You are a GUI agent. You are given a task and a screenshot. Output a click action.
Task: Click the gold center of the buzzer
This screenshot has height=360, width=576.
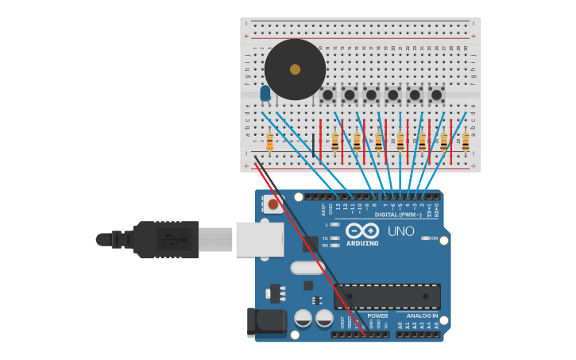coord(295,69)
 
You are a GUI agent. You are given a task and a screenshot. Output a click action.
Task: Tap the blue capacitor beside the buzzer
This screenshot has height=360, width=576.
coord(265,94)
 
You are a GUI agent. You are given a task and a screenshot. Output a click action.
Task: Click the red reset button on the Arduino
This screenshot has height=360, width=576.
coord(273,205)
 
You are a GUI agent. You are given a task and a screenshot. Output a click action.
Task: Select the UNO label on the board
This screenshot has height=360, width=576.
coord(400,231)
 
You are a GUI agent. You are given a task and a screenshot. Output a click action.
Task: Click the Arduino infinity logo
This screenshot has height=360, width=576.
coord(361,230)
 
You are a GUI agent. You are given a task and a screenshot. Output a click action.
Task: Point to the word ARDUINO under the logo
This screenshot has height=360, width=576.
coord(362,243)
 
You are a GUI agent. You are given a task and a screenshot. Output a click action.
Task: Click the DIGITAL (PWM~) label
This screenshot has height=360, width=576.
coord(398,215)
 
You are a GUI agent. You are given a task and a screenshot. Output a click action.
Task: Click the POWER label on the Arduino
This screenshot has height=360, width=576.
coord(377,315)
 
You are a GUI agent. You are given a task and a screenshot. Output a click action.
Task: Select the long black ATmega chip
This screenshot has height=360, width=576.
coord(387,296)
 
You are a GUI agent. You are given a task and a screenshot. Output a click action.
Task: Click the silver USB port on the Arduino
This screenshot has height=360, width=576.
coord(260,238)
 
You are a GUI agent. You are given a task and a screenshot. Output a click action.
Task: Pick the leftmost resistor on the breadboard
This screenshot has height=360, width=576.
coord(270,142)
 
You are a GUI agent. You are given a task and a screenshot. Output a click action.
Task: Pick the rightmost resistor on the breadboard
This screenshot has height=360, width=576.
coord(466,142)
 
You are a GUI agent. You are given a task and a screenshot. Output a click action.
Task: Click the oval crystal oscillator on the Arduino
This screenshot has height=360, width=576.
coord(307,268)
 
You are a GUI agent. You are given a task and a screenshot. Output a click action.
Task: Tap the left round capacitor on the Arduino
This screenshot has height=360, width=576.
coord(303,319)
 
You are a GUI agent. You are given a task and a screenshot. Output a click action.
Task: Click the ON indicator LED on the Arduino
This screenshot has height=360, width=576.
coord(426,238)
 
